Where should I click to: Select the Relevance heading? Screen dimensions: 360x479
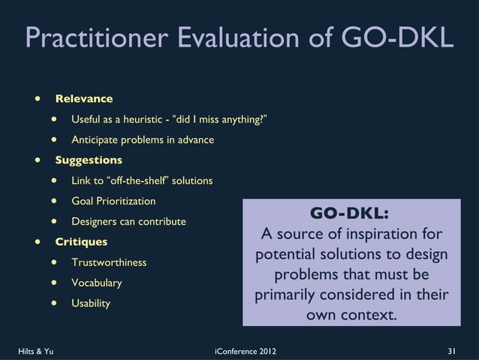(84, 98)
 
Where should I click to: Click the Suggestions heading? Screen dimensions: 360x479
(89, 160)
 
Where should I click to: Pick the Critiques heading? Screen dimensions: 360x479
(81, 242)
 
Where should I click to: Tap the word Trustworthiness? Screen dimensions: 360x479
(109, 262)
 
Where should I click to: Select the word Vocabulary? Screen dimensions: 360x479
(96, 283)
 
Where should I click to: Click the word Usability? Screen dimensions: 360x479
(90, 304)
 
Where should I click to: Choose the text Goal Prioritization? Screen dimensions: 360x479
(113, 201)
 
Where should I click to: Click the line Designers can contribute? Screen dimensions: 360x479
(128, 222)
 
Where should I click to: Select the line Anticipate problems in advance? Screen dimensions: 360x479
(143, 140)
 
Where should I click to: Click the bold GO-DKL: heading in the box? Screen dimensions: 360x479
(350, 213)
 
